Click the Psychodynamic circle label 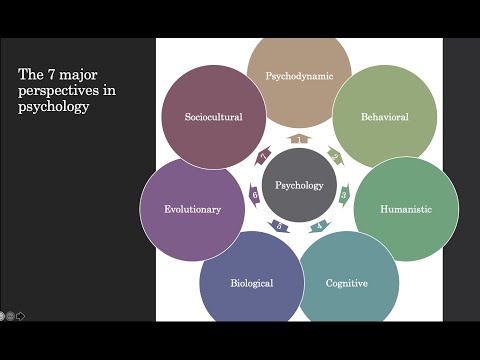[299, 76]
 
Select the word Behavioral [384, 117]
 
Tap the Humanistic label [406, 209]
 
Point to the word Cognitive [347, 283]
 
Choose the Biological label [252, 283]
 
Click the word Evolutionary [193, 209]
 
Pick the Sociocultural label [214, 117]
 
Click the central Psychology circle [299, 185]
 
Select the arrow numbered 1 [299, 138]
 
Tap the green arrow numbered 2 [335, 156]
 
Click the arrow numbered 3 [345, 194]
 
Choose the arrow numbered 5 [279, 226]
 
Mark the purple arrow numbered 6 [254, 194]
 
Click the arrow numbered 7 [264, 156]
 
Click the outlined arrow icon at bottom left [20, 316]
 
